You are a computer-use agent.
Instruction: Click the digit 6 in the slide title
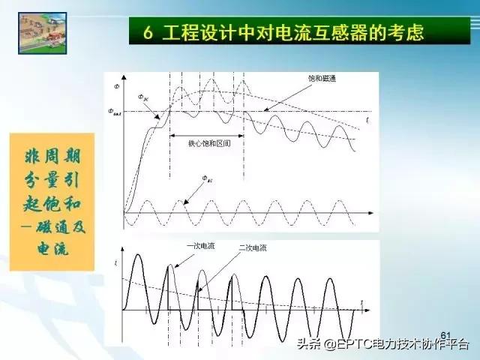coord(149,32)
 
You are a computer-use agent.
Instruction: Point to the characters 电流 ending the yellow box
coord(52,249)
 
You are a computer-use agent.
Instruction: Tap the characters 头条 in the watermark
coord(307,346)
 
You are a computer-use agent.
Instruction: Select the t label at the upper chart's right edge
coord(367,118)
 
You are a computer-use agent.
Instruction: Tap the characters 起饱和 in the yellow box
coord(52,203)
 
